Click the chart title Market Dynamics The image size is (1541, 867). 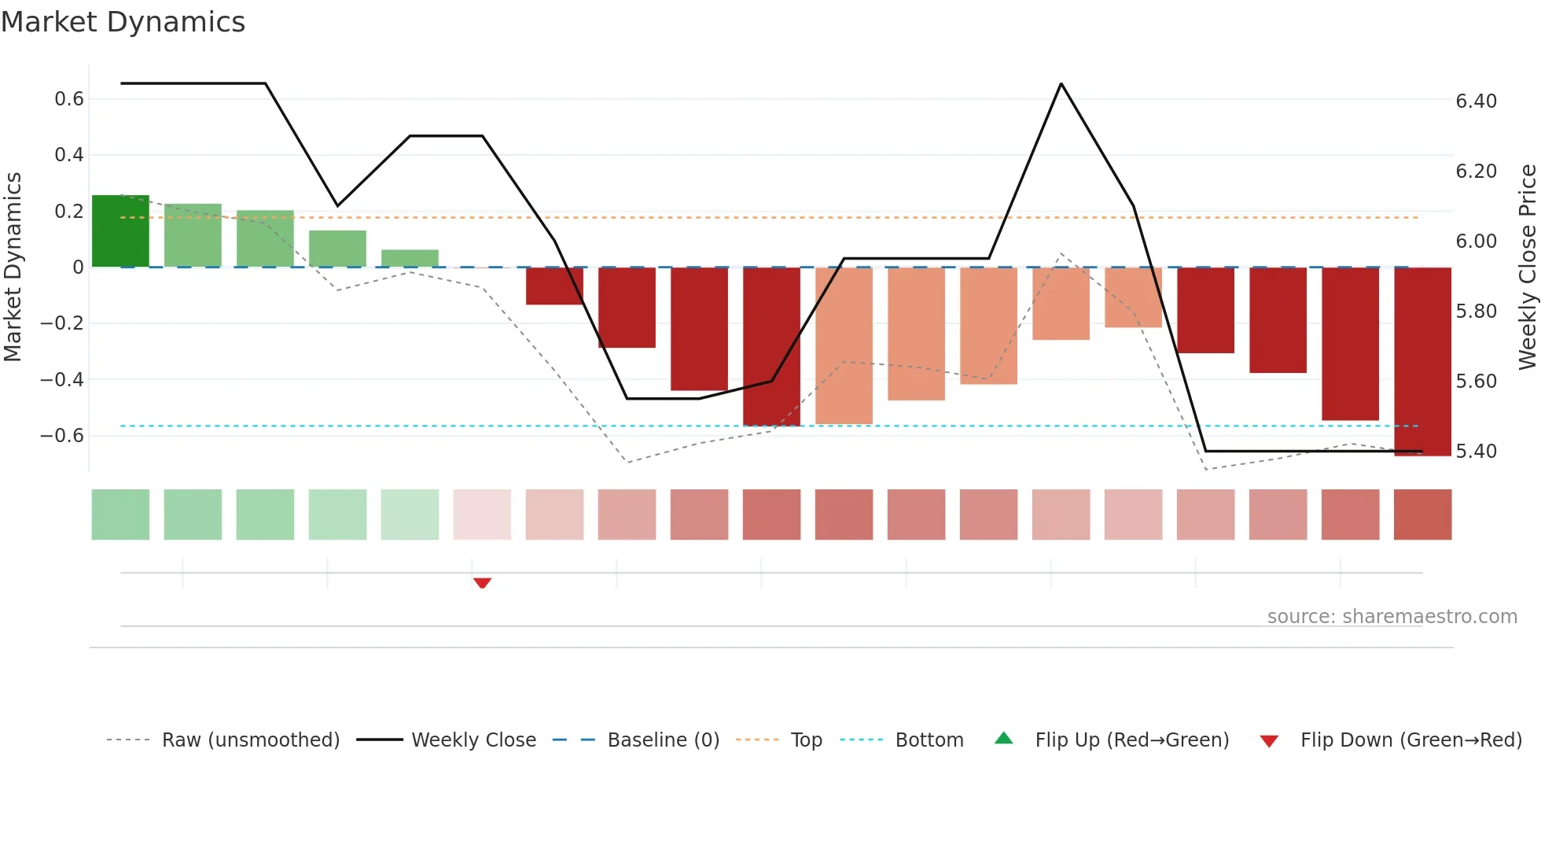pyautogui.click(x=123, y=22)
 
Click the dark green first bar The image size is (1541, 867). pyautogui.click(x=120, y=231)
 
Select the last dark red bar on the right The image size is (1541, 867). pyautogui.click(x=1422, y=361)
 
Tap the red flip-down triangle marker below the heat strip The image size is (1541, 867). pyautogui.click(x=482, y=583)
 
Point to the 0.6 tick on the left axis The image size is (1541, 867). pyautogui.click(x=69, y=99)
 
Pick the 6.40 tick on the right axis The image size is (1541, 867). pyautogui.click(x=1476, y=101)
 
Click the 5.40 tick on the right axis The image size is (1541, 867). pyautogui.click(x=1476, y=451)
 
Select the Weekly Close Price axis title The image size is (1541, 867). pyautogui.click(x=1527, y=267)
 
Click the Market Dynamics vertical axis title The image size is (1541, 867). pyautogui.click(x=13, y=267)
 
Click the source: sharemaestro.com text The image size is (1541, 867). pyautogui.click(x=1392, y=616)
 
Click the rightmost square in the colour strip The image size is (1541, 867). pyautogui.click(x=1422, y=515)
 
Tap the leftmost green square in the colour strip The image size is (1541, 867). pyautogui.click(x=120, y=515)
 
